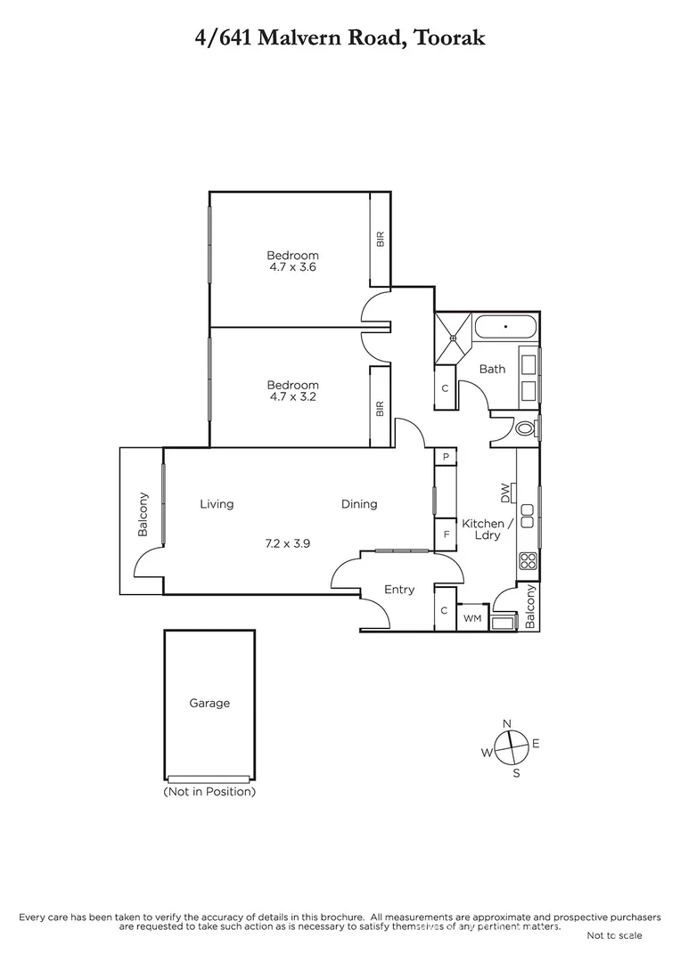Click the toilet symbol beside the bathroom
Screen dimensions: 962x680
click(523, 428)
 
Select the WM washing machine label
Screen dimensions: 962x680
click(472, 617)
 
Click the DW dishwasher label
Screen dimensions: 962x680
click(506, 491)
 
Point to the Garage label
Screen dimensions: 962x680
click(209, 703)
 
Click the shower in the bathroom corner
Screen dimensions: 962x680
click(453, 338)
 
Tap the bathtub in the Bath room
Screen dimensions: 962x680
click(504, 328)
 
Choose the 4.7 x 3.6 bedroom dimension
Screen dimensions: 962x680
click(292, 266)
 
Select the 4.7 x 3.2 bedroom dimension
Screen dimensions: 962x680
click(292, 396)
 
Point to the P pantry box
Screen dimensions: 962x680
click(446, 457)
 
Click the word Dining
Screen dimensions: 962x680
click(359, 504)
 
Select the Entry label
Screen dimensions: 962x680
click(399, 589)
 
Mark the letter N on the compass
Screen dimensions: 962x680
click(507, 723)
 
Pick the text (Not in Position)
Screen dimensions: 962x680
click(209, 791)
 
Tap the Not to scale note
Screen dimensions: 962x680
click(614, 935)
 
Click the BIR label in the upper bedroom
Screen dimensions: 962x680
click(381, 239)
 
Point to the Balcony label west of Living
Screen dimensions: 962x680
click(143, 515)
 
